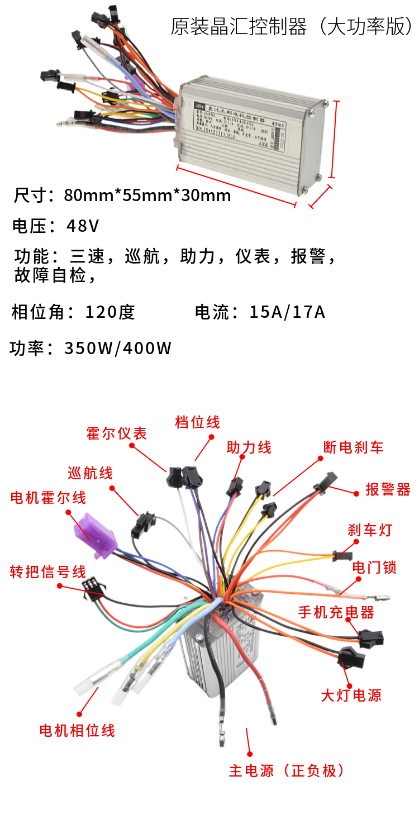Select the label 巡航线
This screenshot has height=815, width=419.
(x=90, y=473)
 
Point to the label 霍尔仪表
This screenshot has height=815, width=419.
(x=116, y=433)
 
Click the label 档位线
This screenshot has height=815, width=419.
(x=197, y=422)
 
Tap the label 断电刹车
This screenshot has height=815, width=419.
(x=353, y=447)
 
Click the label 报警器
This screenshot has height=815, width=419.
(x=388, y=489)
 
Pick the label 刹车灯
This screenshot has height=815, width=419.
(x=370, y=530)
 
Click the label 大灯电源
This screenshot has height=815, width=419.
(x=351, y=695)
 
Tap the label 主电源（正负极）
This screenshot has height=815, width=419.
(x=287, y=770)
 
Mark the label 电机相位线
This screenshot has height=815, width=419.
(x=77, y=730)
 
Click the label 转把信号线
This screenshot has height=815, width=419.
(x=48, y=573)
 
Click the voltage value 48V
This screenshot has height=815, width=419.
(x=83, y=226)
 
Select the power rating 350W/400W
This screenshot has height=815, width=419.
(x=118, y=348)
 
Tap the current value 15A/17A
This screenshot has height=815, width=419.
(x=287, y=312)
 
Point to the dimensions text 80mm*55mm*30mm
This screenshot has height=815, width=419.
(x=147, y=196)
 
